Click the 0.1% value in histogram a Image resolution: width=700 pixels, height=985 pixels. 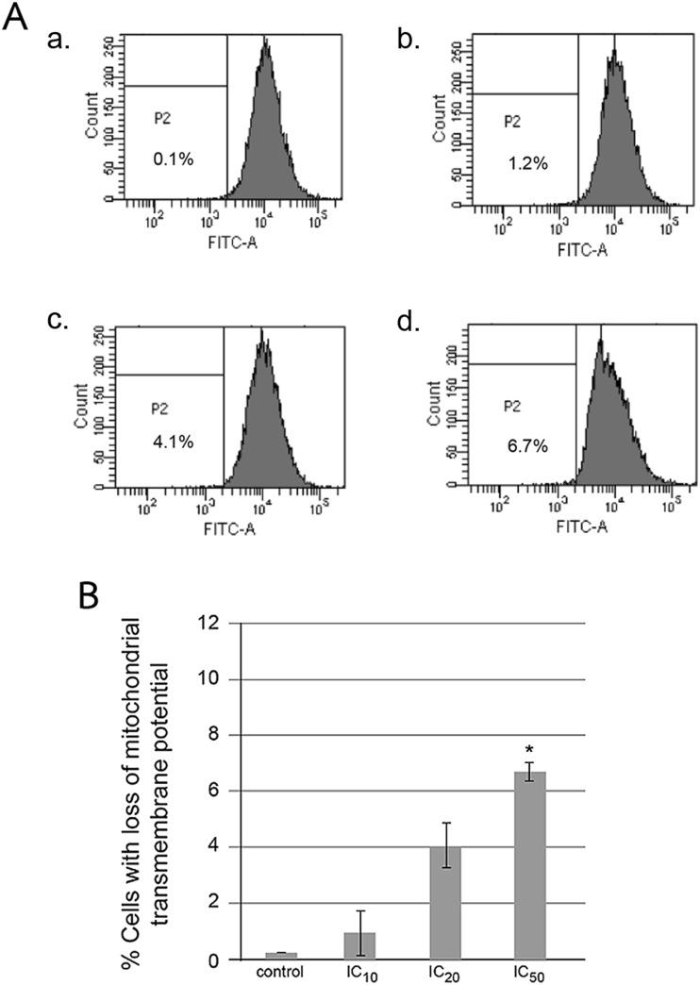click(x=174, y=159)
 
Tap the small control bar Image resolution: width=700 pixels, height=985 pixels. click(x=280, y=955)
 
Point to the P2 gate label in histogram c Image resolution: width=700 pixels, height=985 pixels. click(x=159, y=409)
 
